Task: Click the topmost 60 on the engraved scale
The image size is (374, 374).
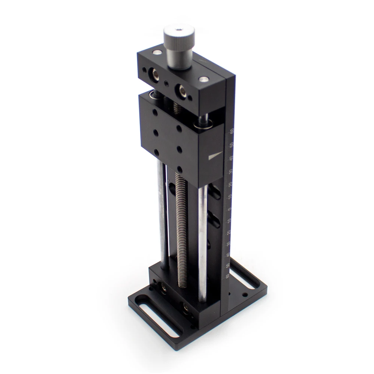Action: [x=232, y=131]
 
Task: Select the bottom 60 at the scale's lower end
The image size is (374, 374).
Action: [x=227, y=276]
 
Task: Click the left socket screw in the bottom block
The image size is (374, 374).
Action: [x=163, y=287]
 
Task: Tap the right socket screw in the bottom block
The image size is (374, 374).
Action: [x=186, y=307]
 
